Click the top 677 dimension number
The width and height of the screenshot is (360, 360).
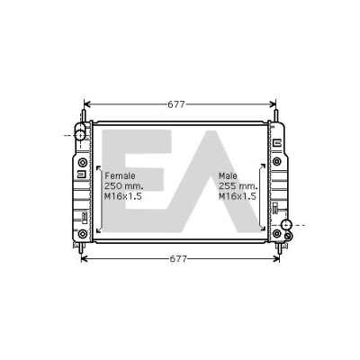(x=175, y=104)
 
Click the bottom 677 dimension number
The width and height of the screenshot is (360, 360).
(x=178, y=259)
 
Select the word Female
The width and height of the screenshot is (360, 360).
(x=120, y=175)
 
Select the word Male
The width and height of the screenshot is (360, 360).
(x=228, y=175)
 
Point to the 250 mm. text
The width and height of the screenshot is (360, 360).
(x=123, y=186)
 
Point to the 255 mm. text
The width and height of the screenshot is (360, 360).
(x=238, y=186)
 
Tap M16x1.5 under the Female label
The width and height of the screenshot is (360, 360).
(x=123, y=196)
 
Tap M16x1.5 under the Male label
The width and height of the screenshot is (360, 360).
(x=238, y=196)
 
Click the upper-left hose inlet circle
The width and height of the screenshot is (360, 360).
(x=80, y=135)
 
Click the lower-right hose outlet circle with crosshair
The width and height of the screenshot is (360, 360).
(x=286, y=225)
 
